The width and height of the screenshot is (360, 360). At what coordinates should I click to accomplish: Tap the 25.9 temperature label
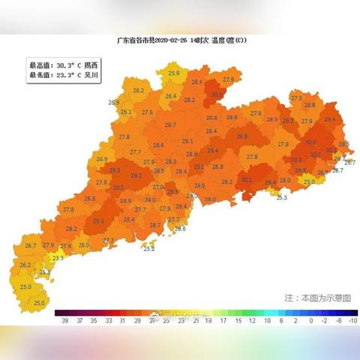pyautogui.click(x=174, y=73)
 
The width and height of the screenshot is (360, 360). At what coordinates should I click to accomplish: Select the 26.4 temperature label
pyautogui.click(x=171, y=96)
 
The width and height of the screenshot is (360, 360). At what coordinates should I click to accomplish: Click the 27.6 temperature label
pyautogui.click(x=147, y=112)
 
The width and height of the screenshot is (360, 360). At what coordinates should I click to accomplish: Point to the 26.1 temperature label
pyautogui.click(x=125, y=112)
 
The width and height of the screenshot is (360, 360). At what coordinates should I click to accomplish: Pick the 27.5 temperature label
pyautogui.click(x=296, y=98)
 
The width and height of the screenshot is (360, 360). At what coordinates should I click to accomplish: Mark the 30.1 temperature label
pyautogui.click(x=247, y=180)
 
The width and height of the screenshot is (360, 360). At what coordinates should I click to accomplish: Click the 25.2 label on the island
pyautogui.click(x=149, y=248)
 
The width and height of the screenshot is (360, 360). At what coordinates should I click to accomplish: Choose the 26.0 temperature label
pyautogui.click(x=84, y=245)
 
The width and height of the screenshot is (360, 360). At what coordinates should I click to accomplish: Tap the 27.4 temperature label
pyautogui.click(x=66, y=246)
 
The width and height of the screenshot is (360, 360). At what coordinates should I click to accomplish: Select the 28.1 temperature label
pyautogui.click(x=187, y=141)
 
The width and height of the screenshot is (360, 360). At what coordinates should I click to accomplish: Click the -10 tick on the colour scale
pyautogui.click(x=352, y=320)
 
